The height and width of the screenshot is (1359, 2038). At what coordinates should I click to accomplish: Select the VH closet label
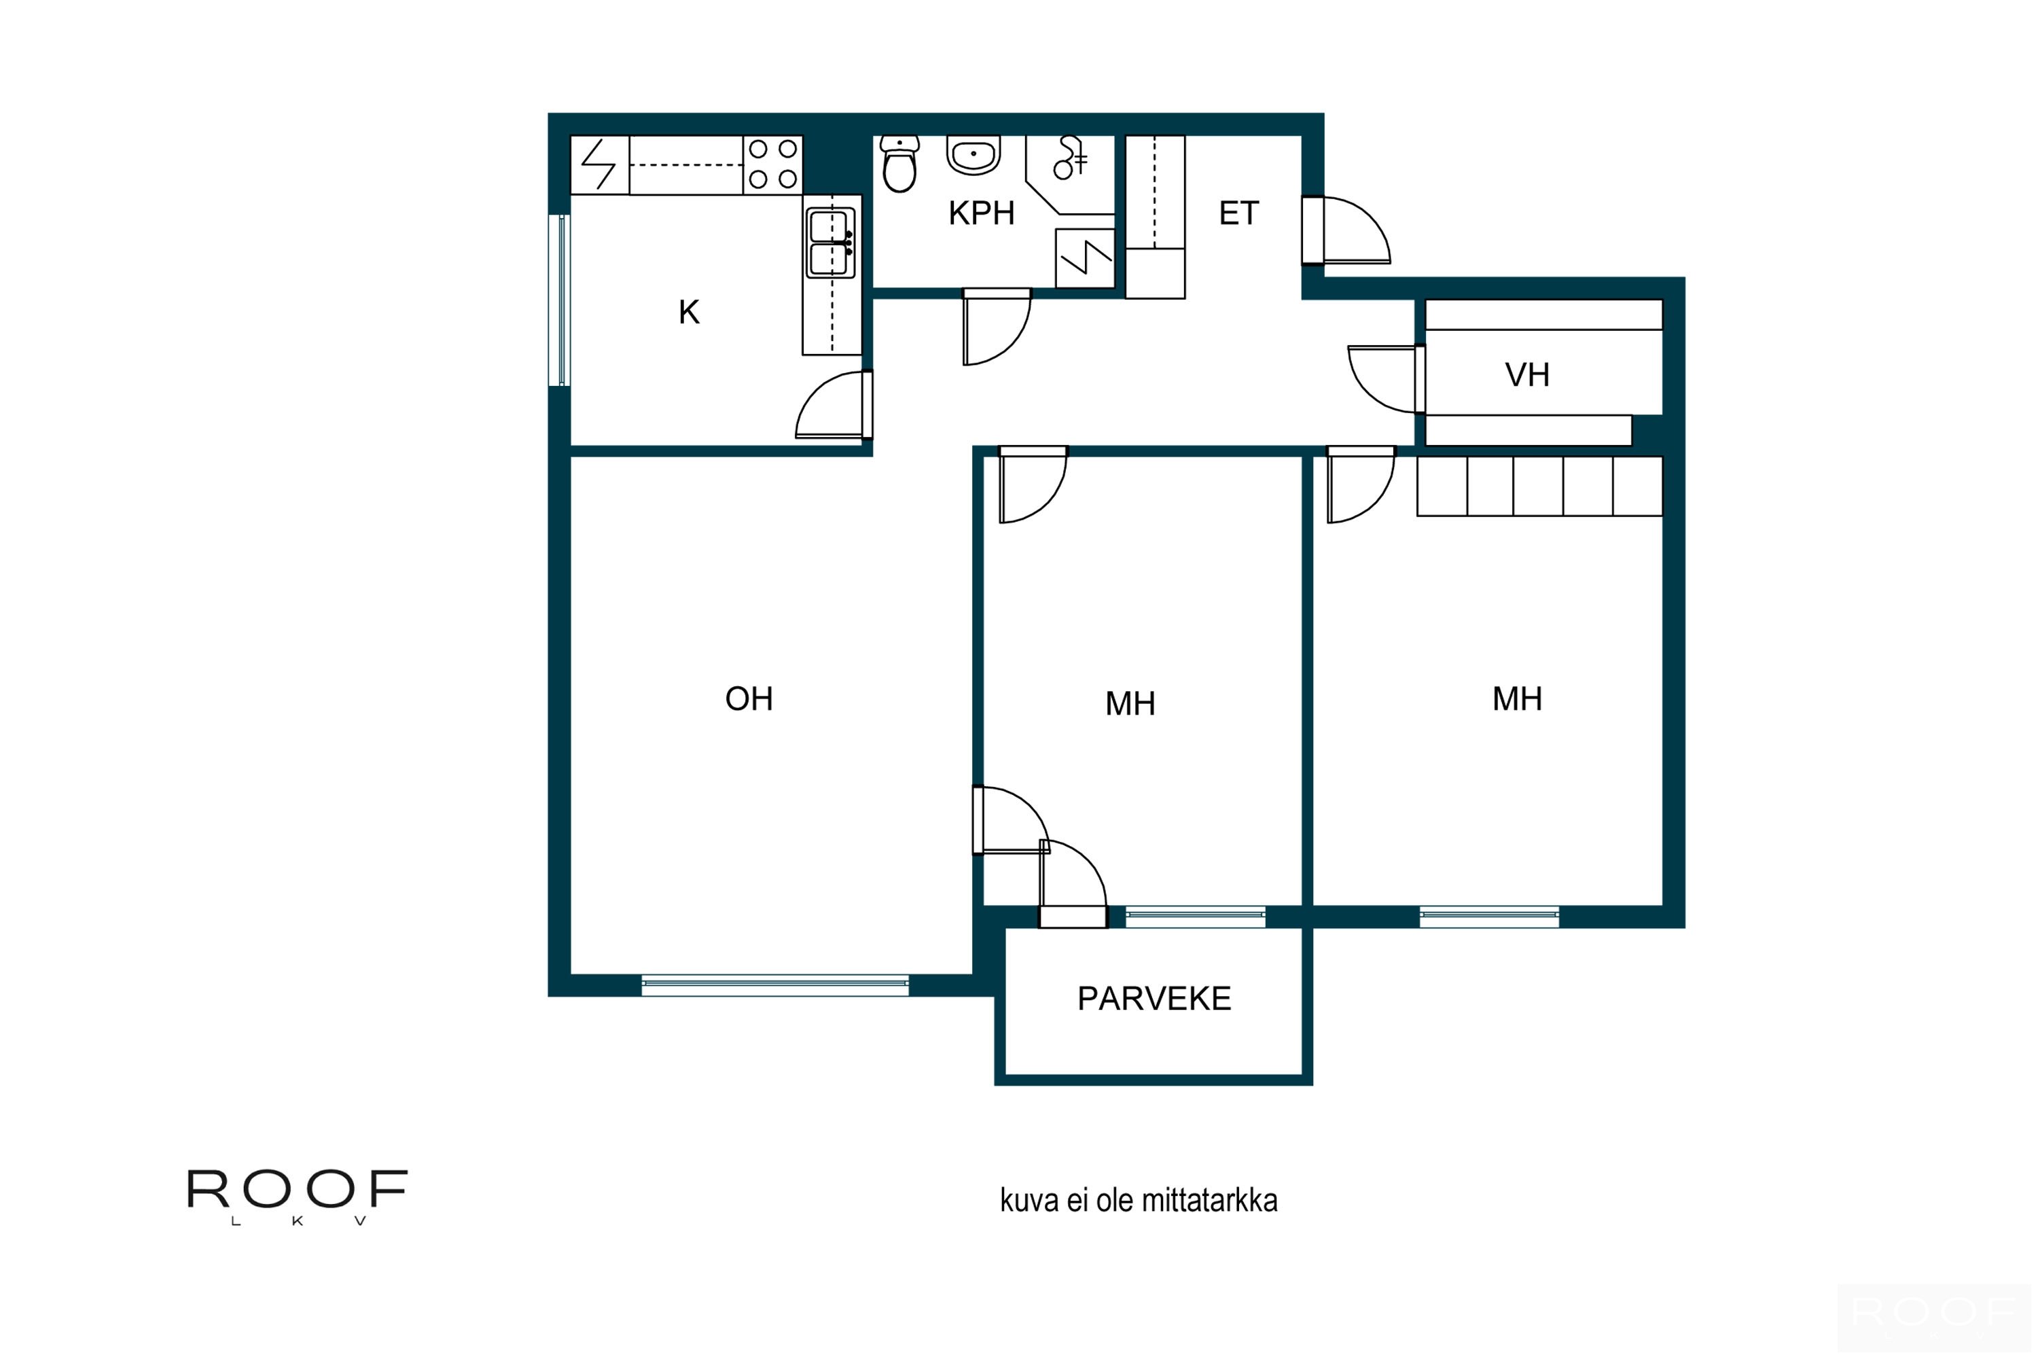(x=1526, y=375)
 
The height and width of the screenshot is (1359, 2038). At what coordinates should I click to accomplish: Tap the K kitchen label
(x=689, y=312)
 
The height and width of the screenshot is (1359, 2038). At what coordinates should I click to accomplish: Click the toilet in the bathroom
(x=899, y=164)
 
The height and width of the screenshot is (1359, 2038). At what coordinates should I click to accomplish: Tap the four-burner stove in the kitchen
(x=773, y=164)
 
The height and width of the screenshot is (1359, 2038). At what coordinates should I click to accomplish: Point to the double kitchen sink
(x=831, y=243)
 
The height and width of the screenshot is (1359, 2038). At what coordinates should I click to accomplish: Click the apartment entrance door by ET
(x=1346, y=230)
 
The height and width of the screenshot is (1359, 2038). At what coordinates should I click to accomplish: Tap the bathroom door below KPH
(x=997, y=327)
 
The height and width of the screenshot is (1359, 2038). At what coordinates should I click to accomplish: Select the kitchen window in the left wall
(x=560, y=300)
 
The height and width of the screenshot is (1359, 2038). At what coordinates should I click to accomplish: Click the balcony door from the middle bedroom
(x=1073, y=884)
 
